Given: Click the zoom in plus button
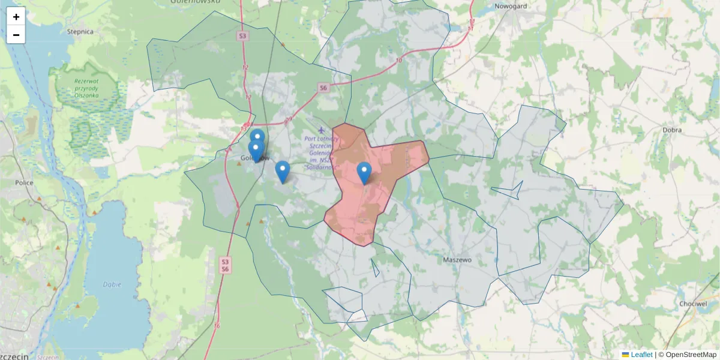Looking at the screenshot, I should [16, 17].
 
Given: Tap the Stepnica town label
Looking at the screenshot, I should [80, 32].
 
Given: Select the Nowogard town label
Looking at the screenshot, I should [509, 7].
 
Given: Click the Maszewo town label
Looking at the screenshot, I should [457, 260].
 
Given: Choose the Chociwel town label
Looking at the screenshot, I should [693, 304].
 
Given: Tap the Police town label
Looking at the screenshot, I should [24, 182].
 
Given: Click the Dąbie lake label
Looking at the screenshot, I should [112, 285].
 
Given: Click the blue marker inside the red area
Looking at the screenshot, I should [364, 173].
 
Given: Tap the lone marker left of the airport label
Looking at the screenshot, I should [282, 172].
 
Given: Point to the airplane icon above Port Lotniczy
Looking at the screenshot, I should [322, 129].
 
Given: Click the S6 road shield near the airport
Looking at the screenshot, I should [323, 88].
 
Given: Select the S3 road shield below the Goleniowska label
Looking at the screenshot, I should [242, 36].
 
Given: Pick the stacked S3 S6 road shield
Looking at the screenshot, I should [224, 266].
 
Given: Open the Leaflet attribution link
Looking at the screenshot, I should [641, 355].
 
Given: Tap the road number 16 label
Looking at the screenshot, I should [217, 326].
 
